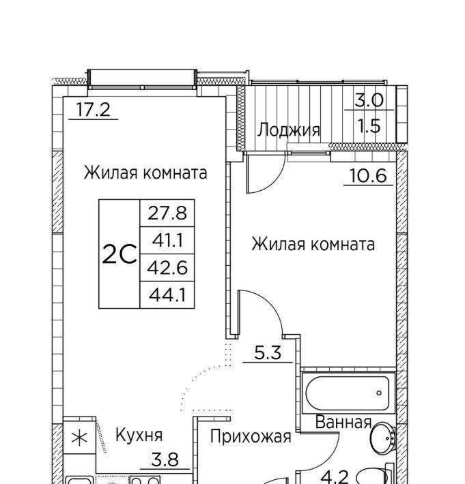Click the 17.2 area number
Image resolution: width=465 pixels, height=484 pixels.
point(93,110)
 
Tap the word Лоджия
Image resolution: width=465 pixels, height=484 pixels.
point(288,130)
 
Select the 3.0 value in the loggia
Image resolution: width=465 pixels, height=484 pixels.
point(369,100)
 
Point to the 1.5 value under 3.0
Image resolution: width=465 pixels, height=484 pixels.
point(369,125)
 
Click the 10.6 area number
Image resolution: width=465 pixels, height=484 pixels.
point(368,176)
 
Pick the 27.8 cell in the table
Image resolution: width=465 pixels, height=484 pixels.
point(167,213)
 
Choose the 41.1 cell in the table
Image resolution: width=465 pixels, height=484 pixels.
point(167,240)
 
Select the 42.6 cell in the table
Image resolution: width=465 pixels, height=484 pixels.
point(167,267)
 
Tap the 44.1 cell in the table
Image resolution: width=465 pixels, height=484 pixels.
point(167,294)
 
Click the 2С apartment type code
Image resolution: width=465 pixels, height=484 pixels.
point(119,254)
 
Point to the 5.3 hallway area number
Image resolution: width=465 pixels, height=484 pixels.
point(268,353)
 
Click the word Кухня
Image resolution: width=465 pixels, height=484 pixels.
point(139,435)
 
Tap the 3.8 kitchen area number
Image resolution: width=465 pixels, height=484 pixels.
point(165,459)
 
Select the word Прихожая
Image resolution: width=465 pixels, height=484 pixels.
point(251,437)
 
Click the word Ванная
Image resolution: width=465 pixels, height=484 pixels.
point(343,422)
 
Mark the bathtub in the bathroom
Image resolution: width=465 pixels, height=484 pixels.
point(348,393)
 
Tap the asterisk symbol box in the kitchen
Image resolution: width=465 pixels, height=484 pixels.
point(79,438)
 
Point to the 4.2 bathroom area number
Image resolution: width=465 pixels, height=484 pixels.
point(335,478)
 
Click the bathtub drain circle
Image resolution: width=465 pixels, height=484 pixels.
point(379,393)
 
